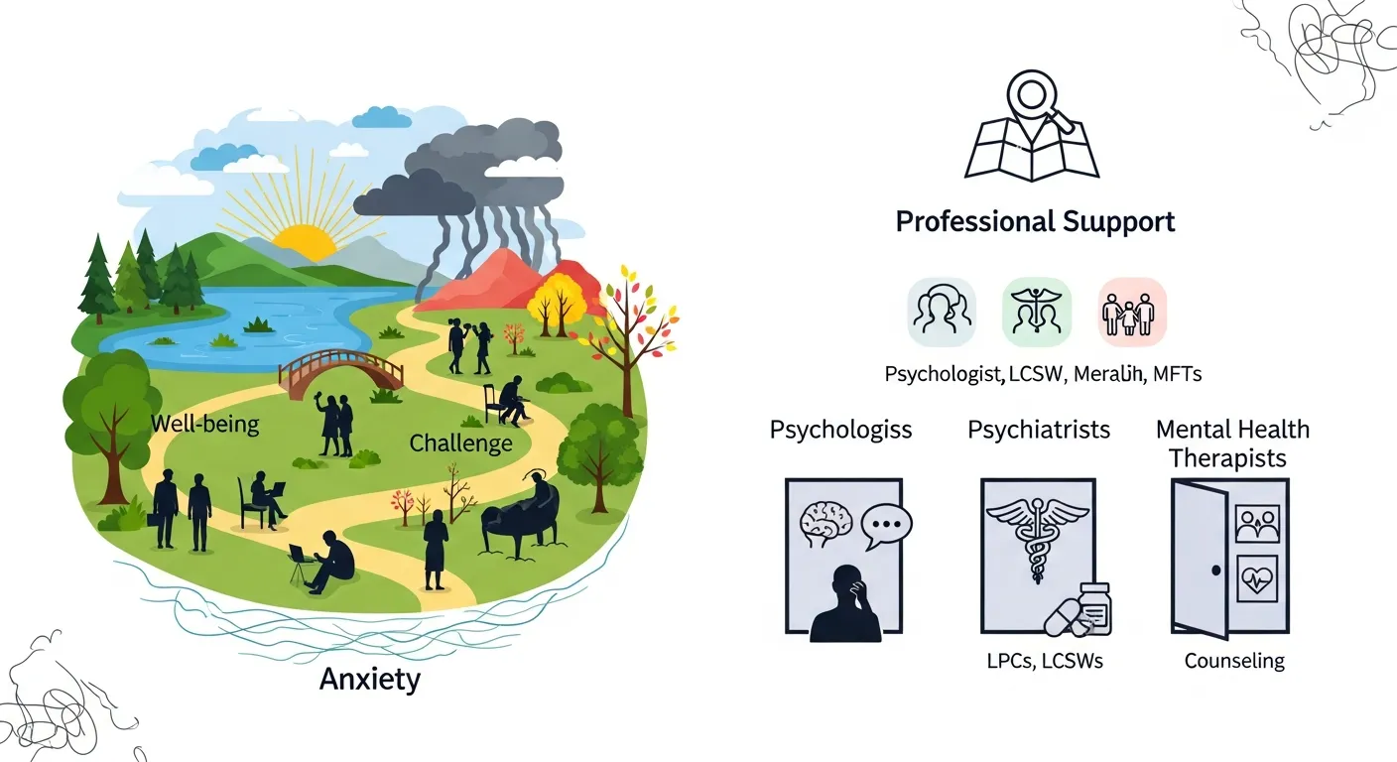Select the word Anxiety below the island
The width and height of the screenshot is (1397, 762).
pyautogui.click(x=370, y=680)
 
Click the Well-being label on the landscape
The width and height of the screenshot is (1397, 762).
pyautogui.click(x=204, y=426)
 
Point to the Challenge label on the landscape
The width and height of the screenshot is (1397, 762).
pyautogui.click(x=460, y=443)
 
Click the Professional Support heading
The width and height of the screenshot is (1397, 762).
pyautogui.click(x=1035, y=221)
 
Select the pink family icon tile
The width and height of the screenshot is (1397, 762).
pyautogui.click(x=1132, y=312)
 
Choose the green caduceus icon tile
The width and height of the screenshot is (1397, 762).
pyautogui.click(x=1037, y=312)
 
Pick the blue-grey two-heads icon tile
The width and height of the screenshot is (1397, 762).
pyautogui.click(x=941, y=312)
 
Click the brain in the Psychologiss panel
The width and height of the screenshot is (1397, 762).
pyautogui.click(x=826, y=520)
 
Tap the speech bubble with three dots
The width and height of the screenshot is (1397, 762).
pyautogui.click(x=886, y=527)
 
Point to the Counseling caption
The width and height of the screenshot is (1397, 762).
pyautogui.click(x=1234, y=661)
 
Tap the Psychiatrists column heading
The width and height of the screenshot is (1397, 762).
pyautogui.click(x=1039, y=430)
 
